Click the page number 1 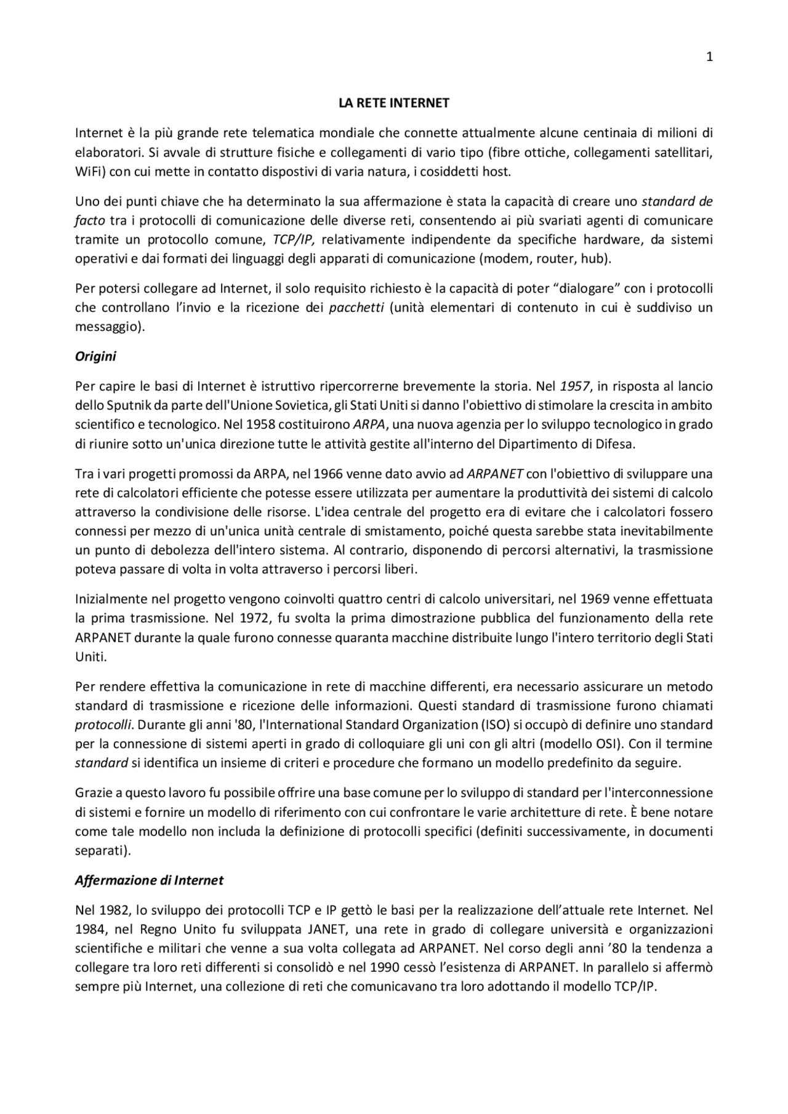click(x=709, y=57)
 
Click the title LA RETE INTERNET click(x=394, y=103)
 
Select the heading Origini click(x=95, y=356)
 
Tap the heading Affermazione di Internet click(x=149, y=880)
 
